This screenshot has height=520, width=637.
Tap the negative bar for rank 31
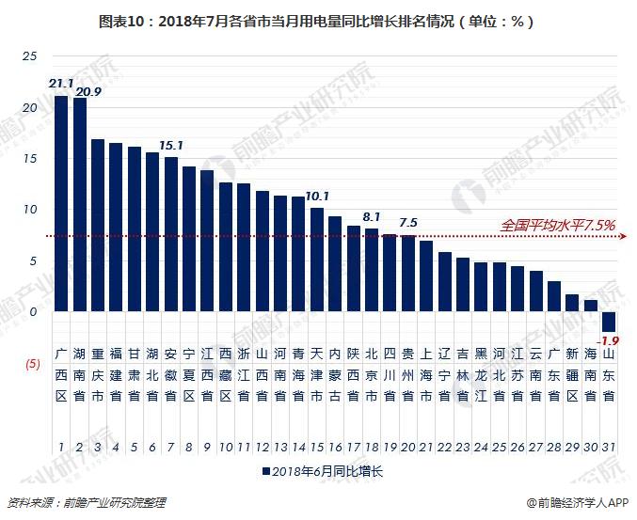(x=609, y=321)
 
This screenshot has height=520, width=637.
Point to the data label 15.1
(x=171, y=146)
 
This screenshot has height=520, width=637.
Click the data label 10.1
(x=317, y=197)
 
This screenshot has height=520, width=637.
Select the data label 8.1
(x=371, y=216)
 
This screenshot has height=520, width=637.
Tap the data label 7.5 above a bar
(x=407, y=223)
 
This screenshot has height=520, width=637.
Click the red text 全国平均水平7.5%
(x=558, y=225)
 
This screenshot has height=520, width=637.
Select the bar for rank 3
(x=98, y=226)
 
